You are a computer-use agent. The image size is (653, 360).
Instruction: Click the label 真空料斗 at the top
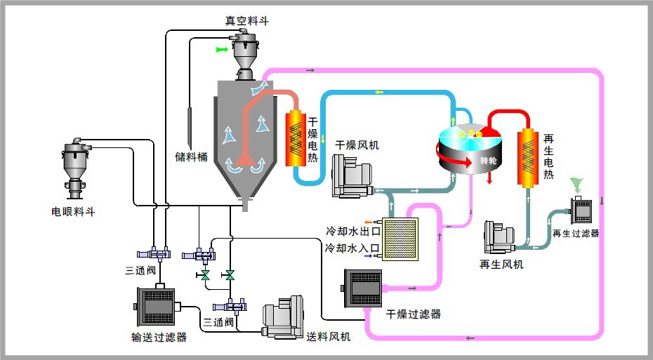(x=246, y=21)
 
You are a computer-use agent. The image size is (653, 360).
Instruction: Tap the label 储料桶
(x=191, y=156)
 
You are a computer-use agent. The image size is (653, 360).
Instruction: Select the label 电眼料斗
(x=73, y=212)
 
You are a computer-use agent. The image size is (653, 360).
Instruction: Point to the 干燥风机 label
(x=357, y=145)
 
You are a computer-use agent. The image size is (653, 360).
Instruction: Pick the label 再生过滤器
(x=576, y=233)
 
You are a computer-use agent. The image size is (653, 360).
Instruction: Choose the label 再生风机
(x=501, y=265)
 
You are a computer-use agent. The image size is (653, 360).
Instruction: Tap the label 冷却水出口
(x=352, y=231)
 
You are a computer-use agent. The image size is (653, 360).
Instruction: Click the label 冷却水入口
(x=352, y=248)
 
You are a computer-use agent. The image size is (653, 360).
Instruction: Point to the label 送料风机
(x=329, y=338)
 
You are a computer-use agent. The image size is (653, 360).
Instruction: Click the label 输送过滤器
(x=159, y=338)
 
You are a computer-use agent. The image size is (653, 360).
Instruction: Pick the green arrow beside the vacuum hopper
(x=222, y=50)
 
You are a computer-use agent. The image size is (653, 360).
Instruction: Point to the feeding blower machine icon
(x=282, y=319)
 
